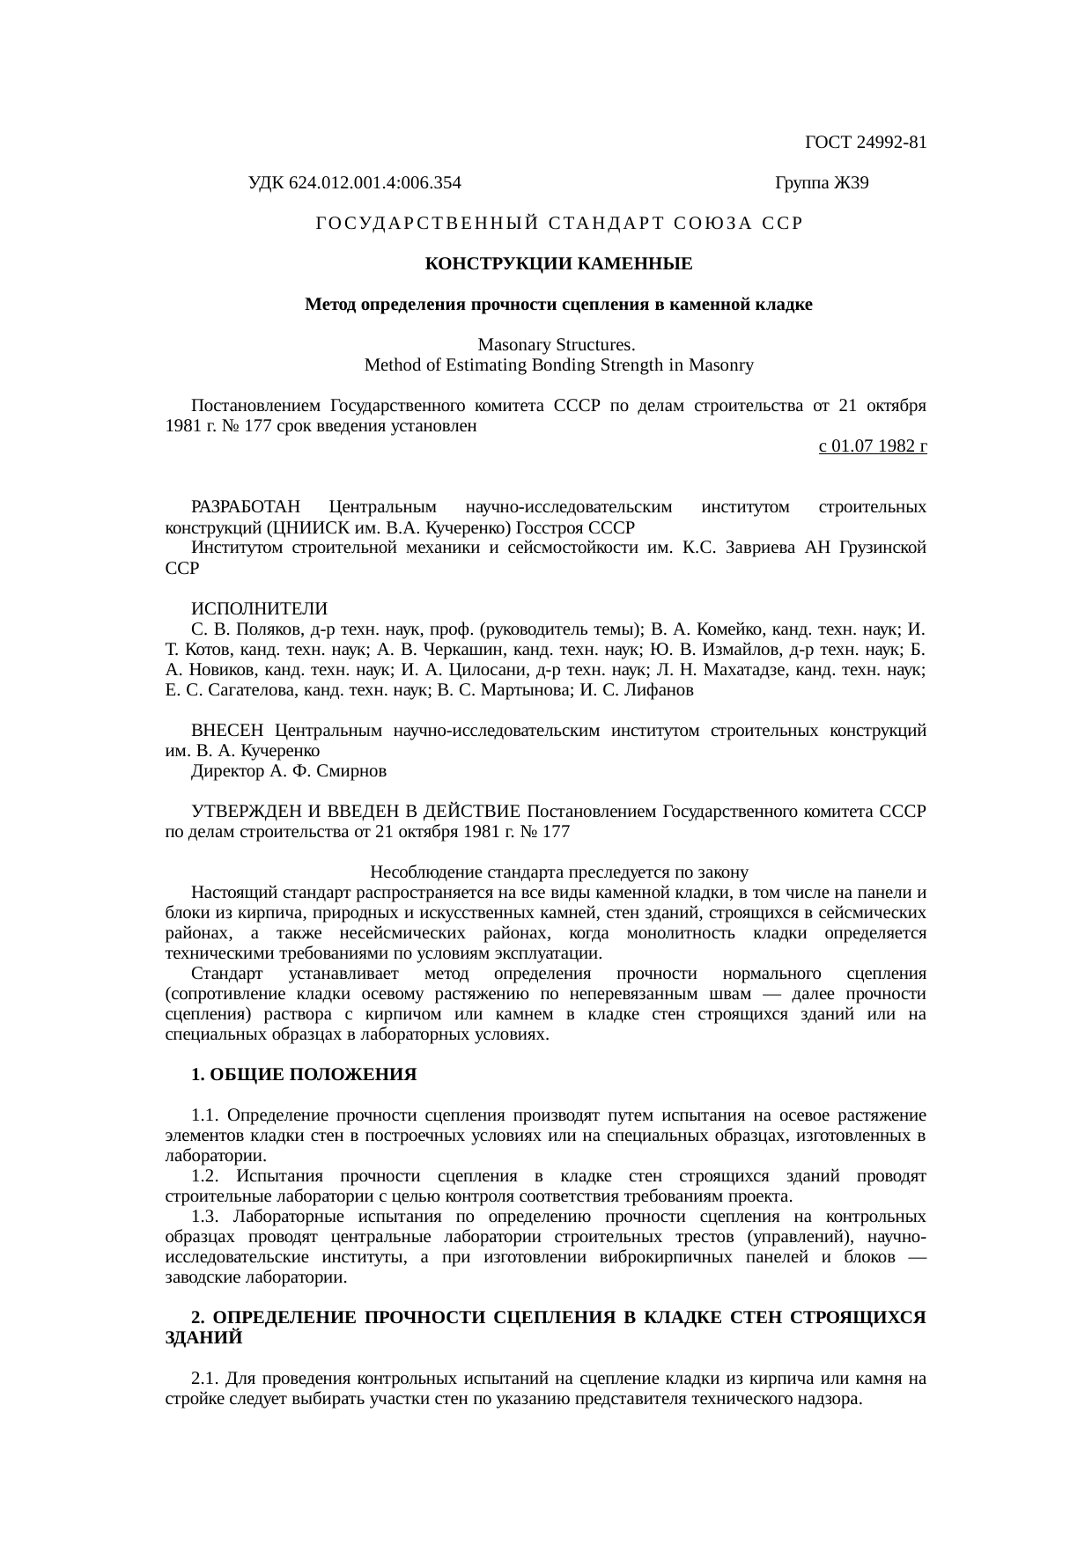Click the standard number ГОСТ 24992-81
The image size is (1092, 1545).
(x=865, y=143)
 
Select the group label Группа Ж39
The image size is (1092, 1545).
(x=821, y=183)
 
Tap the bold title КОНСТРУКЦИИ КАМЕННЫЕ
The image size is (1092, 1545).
(x=558, y=264)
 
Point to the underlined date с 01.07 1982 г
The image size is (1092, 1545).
(x=872, y=446)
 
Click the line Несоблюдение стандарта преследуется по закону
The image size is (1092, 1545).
(x=558, y=872)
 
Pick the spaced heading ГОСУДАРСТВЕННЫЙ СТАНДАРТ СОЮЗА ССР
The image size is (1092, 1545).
(x=558, y=224)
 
